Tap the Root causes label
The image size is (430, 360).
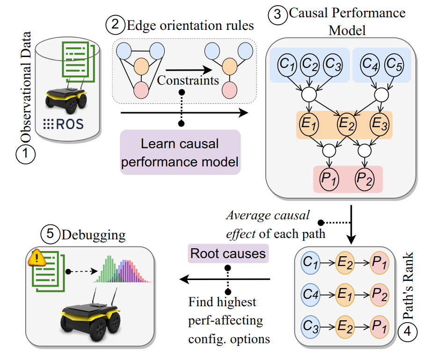coord(227,254)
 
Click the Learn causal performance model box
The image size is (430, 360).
coord(180,153)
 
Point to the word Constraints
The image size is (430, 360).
coord(188,80)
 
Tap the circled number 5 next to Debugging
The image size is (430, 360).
coord(50,234)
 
